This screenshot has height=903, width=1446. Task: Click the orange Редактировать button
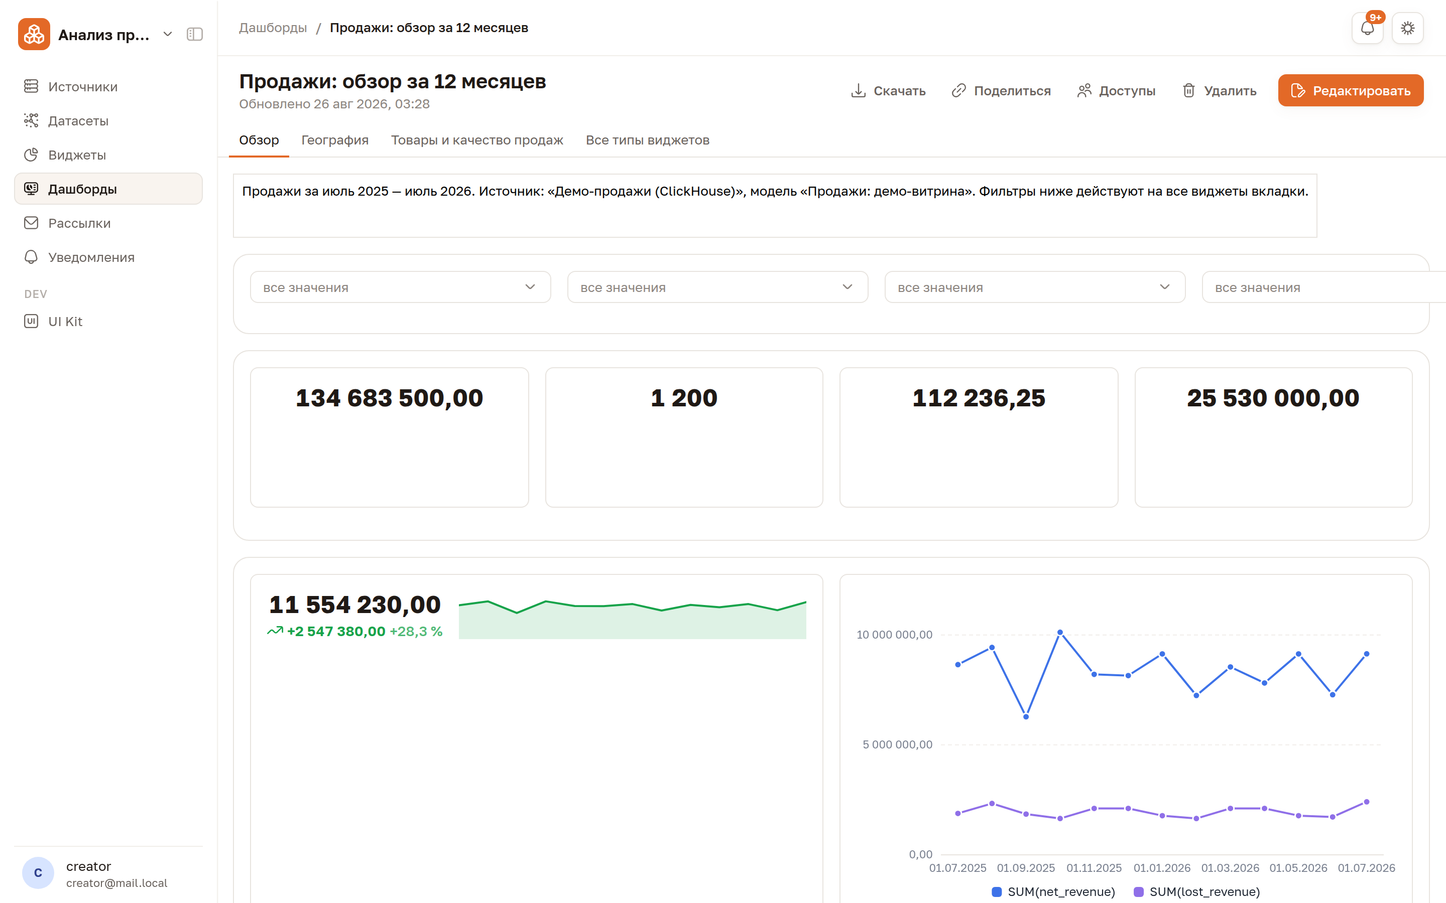[1351, 90]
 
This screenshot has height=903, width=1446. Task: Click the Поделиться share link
[1001, 91]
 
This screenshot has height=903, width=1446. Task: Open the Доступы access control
[1116, 91]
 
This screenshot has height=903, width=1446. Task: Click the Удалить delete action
[1219, 91]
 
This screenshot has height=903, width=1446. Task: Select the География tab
[334, 140]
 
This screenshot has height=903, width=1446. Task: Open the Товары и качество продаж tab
[477, 140]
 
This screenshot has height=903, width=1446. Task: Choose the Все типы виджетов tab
[647, 140]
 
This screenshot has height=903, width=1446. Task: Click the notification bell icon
[1367, 28]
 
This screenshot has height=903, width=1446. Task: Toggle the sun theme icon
[1408, 28]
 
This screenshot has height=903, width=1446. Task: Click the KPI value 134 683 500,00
[390, 398]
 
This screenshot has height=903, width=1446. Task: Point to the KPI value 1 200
[684, 398]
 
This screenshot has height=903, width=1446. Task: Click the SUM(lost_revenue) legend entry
[1197, 891]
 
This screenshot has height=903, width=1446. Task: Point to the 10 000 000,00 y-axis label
[895, 634]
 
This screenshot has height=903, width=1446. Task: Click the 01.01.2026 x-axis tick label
[1162, 868]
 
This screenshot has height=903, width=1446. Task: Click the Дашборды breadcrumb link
[273, 28]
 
